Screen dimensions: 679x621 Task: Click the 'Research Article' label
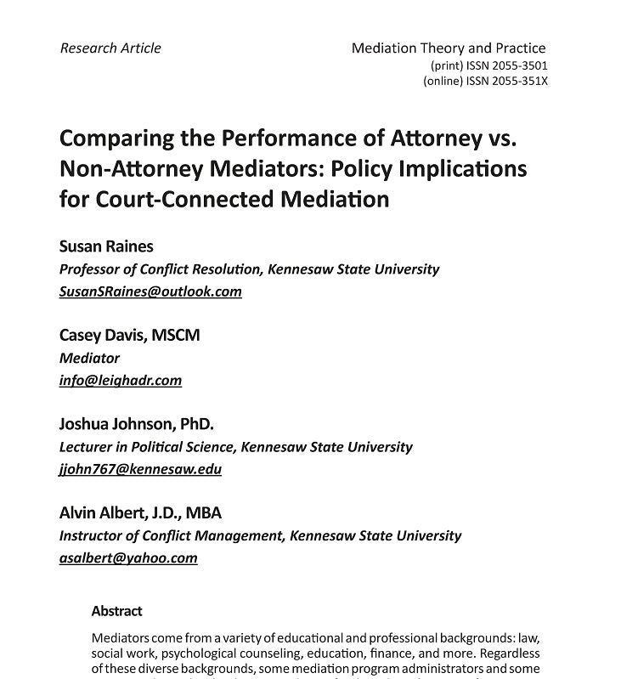point(110,48)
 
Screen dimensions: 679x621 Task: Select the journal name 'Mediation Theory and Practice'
point(449,48)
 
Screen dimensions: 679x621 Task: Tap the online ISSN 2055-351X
point(485,82)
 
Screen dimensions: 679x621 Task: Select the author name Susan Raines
point(106,246)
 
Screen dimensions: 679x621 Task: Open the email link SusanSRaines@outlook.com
point(150,291)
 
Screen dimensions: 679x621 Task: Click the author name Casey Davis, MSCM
point(130,335)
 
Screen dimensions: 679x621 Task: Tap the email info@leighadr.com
point(121,380)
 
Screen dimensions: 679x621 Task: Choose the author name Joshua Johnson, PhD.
point(137,424)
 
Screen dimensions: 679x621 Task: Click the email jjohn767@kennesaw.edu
point(140,469)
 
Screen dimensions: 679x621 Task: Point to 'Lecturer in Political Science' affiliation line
point(235,446)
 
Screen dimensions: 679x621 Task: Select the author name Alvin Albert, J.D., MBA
point(140,513)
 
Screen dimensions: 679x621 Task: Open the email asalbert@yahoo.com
point(128,558)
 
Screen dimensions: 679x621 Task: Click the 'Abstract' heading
point(116,611)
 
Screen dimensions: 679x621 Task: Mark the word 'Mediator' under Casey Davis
point(89,358)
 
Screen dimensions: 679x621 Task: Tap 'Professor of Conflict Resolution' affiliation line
point(249,269)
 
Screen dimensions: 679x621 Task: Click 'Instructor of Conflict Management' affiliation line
point(260,535)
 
